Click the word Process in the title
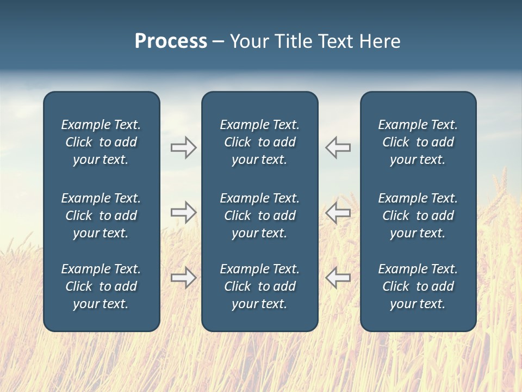171,41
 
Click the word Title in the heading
294,41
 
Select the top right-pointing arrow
183,148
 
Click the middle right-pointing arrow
183,212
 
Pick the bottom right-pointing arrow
183,278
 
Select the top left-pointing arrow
338,148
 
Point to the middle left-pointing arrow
338,212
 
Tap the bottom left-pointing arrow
338,278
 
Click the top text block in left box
101,142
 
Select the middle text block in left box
101,216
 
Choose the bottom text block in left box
101,286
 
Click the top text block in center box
259,142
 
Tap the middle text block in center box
259,216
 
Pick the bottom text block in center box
259,286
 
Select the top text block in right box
418,142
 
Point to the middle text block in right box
418,216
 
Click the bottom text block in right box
418,286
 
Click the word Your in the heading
250,41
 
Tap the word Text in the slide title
335,41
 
